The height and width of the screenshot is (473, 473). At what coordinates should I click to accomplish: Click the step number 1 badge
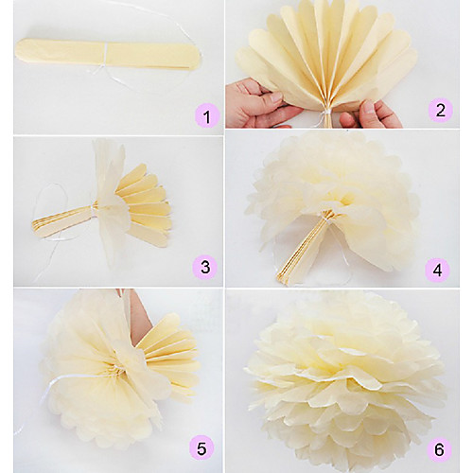[207, 116]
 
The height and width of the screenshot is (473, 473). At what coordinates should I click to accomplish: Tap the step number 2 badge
[440, 111]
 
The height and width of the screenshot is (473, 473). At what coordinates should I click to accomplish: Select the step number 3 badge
[205, 267]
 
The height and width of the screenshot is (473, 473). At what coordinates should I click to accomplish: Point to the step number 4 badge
[438, 271]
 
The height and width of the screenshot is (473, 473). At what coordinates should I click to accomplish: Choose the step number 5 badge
[201, 447]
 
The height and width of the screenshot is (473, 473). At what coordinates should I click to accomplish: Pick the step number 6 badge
[439, 449]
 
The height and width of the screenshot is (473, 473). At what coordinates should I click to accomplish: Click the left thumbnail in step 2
[275, 97]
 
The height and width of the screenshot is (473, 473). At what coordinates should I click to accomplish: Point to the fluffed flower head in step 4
[334, 196]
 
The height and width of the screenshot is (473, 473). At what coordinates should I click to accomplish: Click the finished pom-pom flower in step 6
[347, 378]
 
